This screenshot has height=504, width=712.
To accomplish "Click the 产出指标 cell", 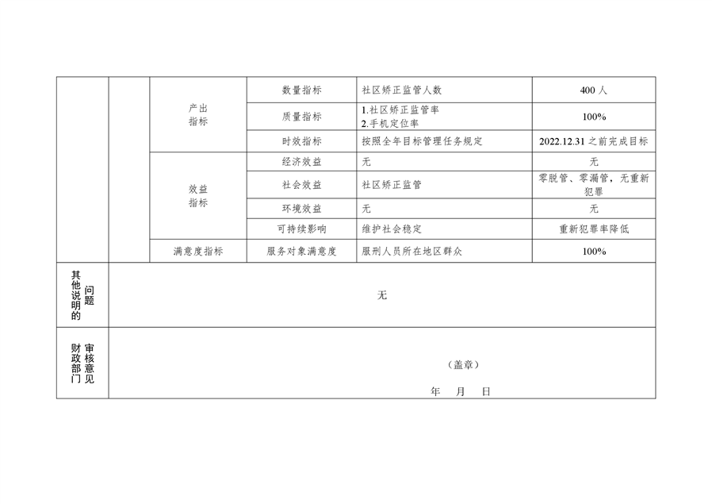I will tap(198, 115).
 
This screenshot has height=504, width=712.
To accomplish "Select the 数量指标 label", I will tap(301, 90).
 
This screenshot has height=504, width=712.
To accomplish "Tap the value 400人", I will tap(593, 90).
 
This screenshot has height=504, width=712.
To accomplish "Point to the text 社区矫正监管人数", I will tap(401, 90).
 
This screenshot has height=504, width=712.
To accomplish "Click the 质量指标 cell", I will tap(301, 117).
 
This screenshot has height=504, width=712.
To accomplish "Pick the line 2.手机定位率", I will tap(390, 123).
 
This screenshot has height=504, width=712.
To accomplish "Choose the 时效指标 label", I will tap(301, 141).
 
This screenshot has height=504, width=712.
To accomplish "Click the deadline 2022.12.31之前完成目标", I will tap(593, 141).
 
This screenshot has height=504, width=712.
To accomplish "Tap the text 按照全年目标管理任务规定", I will tap(422, 141).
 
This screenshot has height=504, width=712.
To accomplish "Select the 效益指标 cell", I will tap(198, 196).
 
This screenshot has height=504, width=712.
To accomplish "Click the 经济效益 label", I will tap(301, 162).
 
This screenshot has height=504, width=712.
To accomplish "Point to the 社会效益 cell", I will tap(301, 185).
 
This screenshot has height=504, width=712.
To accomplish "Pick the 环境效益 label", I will tap(301, 209).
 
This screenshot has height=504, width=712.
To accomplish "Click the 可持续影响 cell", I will tap(301, 229).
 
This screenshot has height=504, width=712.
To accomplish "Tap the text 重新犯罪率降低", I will tap(593, 229).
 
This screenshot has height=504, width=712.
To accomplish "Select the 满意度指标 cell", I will tap(198, 252).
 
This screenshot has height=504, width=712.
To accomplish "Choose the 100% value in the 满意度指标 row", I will tap(593, 252).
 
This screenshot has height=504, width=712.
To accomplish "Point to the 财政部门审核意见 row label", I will tap(82, 364).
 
